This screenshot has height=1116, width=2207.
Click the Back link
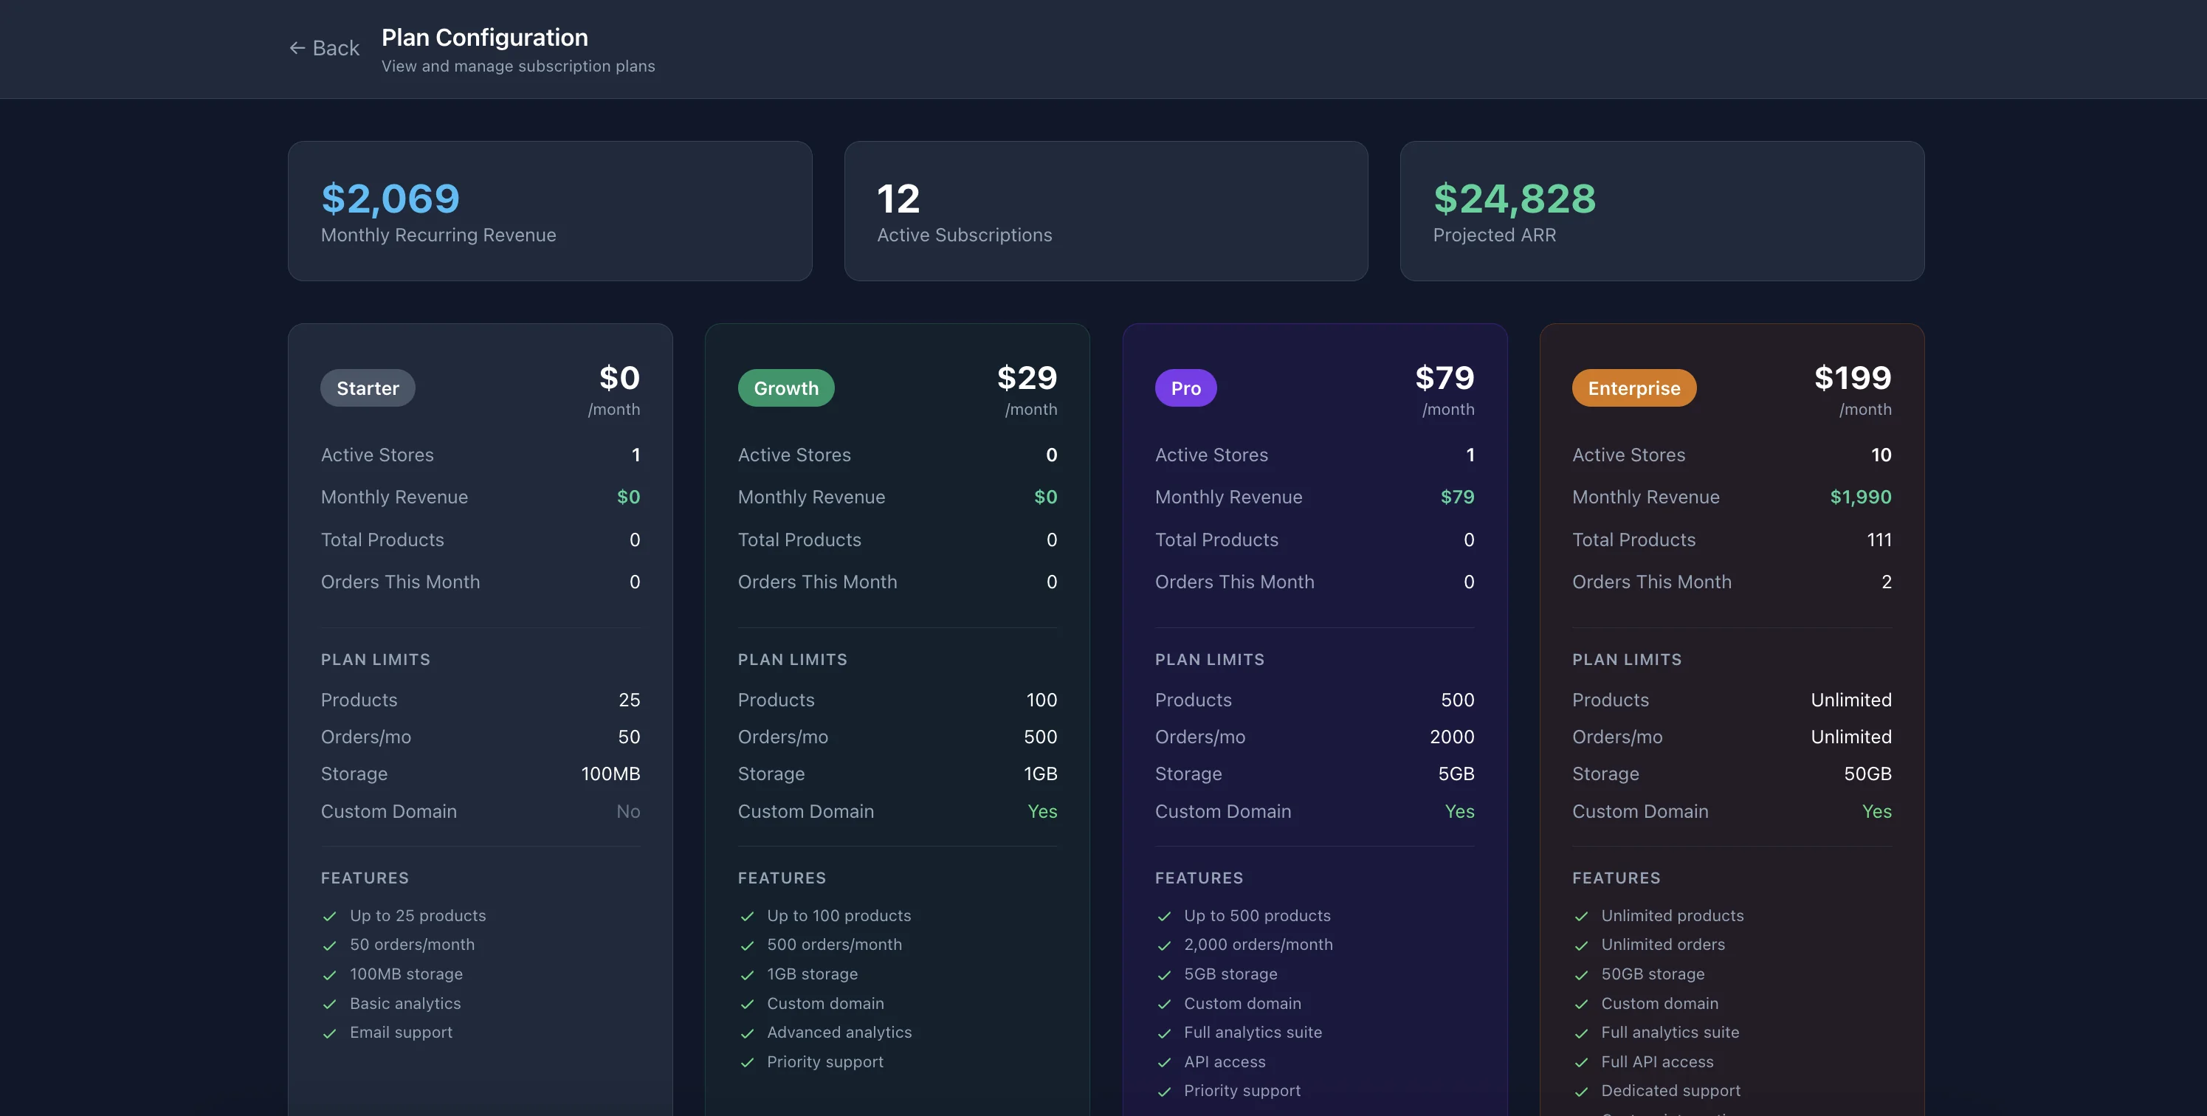click(x=325, y=48)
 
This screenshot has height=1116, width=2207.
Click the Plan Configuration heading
click(x=484, y=38)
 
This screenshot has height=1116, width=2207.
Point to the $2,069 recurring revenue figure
click(x=390, y=199)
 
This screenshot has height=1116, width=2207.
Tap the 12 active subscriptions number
click(x=898, y=199)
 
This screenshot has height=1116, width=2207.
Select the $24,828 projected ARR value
click(x=1514, y=199)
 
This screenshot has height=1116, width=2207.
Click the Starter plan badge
click(x=368, y=388)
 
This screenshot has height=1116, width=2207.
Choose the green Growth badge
click(x=785, y=388)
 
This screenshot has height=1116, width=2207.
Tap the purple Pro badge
click(x=1185, y=388)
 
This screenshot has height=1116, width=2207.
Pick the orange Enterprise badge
click(x=1633, y=388)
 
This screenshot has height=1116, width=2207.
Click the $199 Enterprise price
click(x=1852, y=378)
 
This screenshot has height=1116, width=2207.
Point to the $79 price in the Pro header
click(x=1445, y=378)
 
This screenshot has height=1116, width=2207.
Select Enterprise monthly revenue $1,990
click(x=1860, y=497)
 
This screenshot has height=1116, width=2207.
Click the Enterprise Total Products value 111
click(x=1879, y=540)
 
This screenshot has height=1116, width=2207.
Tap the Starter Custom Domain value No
click(x=628, y=811)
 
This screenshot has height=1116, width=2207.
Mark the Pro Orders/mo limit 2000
click(x=1451, y=737)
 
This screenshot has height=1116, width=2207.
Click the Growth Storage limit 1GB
click(x=1040, y=774)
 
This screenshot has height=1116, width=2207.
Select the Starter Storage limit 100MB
click(x=610, y=774)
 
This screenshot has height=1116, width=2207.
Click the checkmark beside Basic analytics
click(x=330, y=1004)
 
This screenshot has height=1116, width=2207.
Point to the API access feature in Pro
click(x=1225, y=1061)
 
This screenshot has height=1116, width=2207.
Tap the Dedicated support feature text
click(x=1670, y=1090)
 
